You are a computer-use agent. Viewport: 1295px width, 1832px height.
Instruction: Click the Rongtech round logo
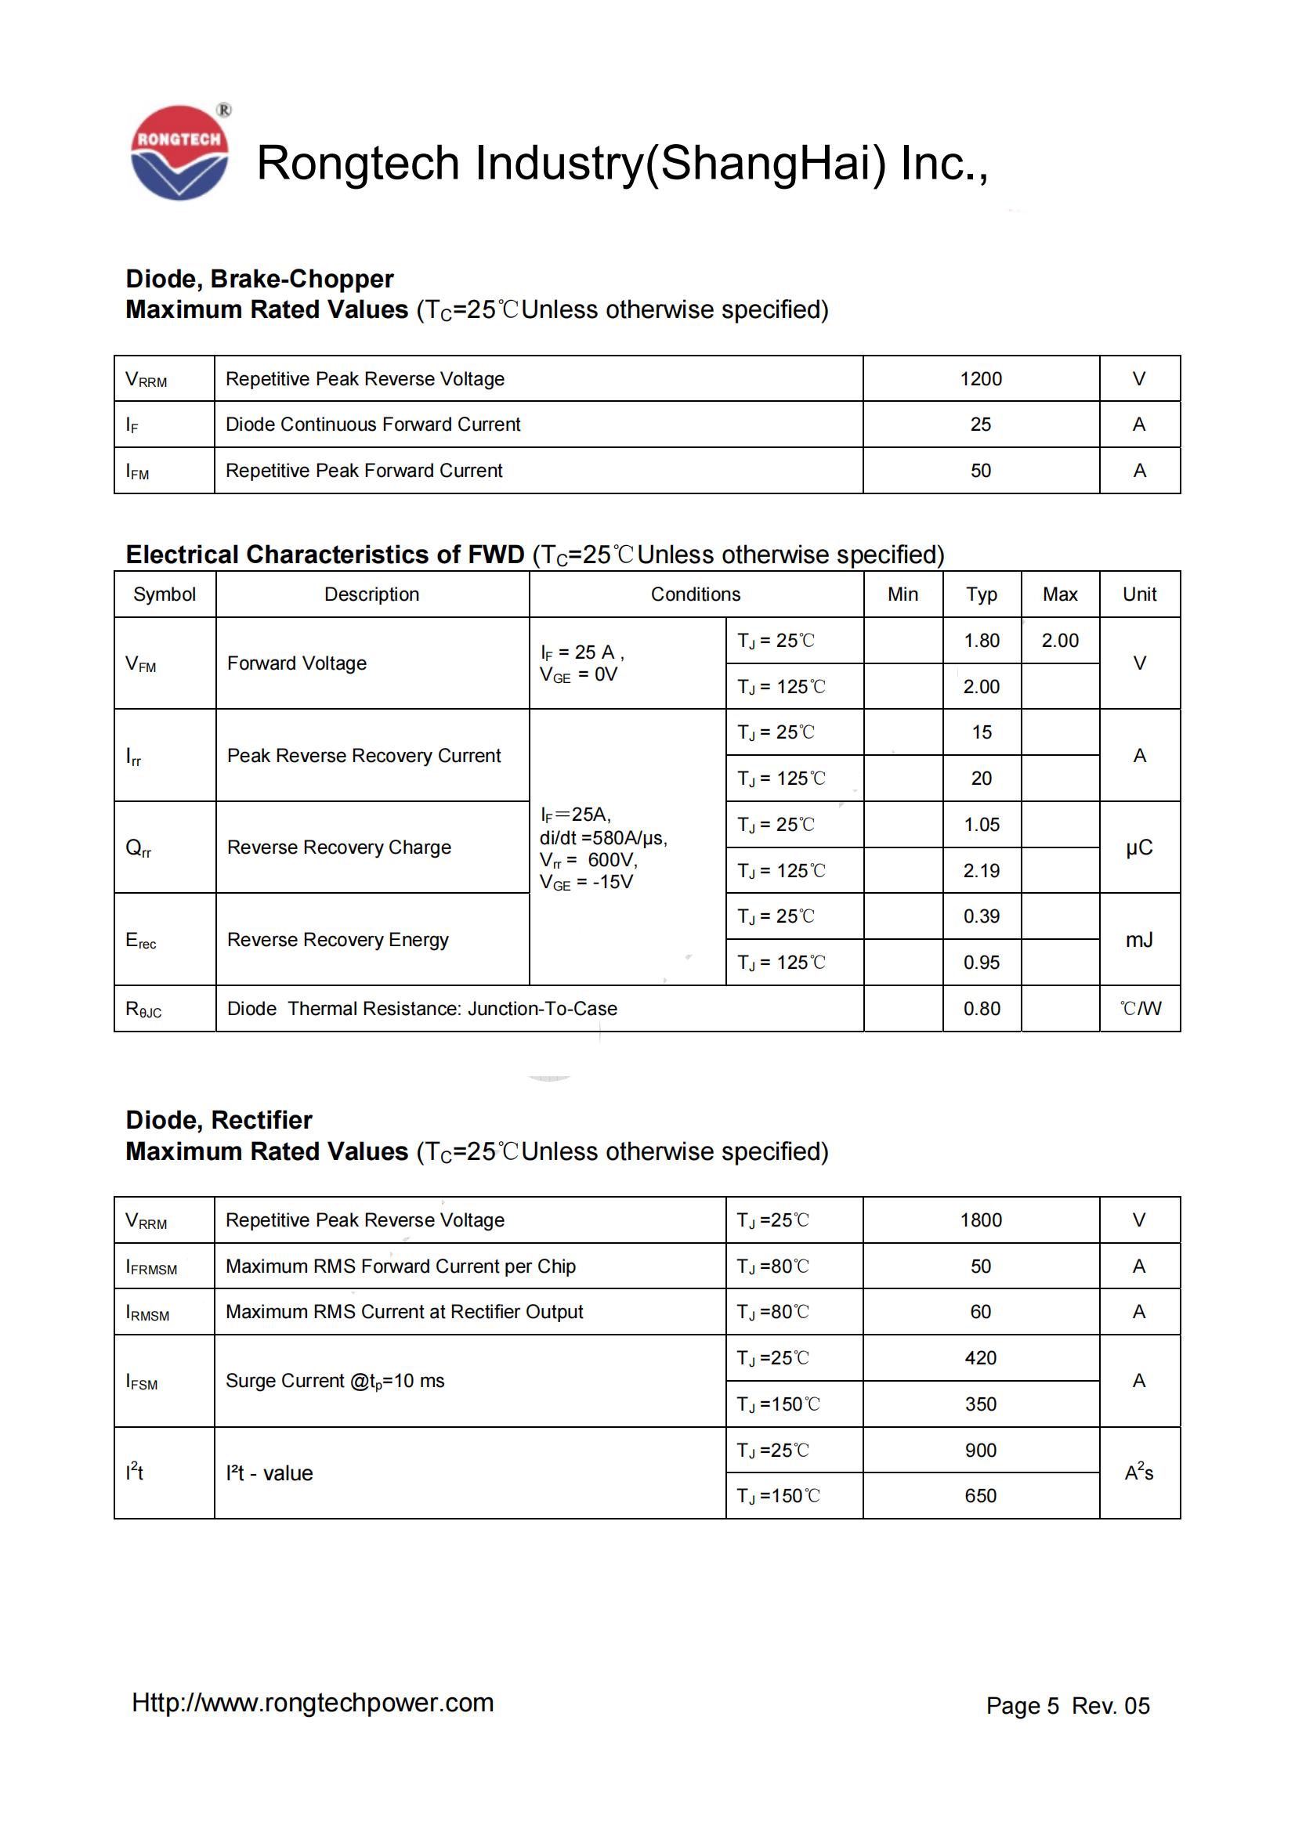pyautogui.click(x=179, y=153)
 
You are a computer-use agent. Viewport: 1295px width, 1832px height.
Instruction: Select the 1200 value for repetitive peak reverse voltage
pyautogui.click(x=980, y=379)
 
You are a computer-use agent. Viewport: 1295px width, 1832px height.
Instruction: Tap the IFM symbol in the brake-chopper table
pyautogui.click(x=137, y=471)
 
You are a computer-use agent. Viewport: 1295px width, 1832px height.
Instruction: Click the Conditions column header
pyautogui.click(x=695, y=594)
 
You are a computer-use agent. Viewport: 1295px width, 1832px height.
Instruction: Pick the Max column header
pyautogui.click(x=1059, y=594)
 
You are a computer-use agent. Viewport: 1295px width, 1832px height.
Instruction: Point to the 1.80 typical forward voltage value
pyautogui.click(x=981, y=641)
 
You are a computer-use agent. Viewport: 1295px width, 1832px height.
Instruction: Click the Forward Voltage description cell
pyautogui.click(x=297, y=663)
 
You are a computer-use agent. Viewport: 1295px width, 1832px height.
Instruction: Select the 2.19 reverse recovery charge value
pyautogui.click(x=981, y=870)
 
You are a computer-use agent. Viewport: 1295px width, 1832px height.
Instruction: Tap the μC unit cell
pyautogui.click(x=1138, y=847)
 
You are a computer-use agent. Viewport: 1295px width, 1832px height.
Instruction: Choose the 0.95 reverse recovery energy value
pyautogui.click(x=981, y=963)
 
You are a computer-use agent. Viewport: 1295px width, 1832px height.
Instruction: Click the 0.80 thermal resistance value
pyautogui.click(x=981, y=1009)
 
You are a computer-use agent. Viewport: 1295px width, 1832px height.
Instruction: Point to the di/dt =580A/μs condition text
pyautogui.click(x=603, y=838)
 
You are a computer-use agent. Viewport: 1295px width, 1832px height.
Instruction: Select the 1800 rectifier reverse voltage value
pyautogui.click(x=980, y=1220)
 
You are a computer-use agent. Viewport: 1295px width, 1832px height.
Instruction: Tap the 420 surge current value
pyautogui.click(x=980, y=1358)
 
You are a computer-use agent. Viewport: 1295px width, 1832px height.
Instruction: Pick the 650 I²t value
pyautogui.click(x=980, y=1496)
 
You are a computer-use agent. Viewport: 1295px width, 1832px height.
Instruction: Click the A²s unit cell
pyautogui.click(x=1138, y=1472)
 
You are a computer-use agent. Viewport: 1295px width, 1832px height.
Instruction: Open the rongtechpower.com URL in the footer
pyautogui.click(x=313, y=1703)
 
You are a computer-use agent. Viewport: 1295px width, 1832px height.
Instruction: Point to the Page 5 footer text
pyautogui.click(x=1022, y=1706)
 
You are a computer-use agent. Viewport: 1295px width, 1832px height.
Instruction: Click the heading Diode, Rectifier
pyautogui.click(x=219, y=1120)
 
